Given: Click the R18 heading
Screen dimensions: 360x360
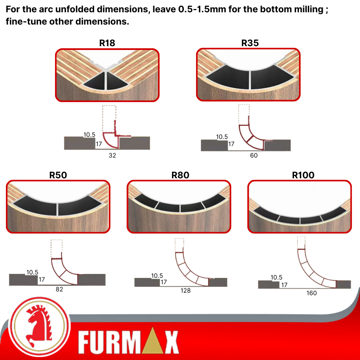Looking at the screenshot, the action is click(107, 43).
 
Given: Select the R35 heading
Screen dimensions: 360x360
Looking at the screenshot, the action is click(250, 43).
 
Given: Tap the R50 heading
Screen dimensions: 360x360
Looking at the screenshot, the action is click(58, 175).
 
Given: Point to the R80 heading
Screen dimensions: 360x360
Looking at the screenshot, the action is click(180, 175).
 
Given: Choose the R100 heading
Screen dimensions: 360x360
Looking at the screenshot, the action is click(303, 175).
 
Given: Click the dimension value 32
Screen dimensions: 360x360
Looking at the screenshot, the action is click(112, 155).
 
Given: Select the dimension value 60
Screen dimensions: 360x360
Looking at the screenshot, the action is click(254, 155).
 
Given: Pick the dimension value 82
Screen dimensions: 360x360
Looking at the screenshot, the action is click(59, 289).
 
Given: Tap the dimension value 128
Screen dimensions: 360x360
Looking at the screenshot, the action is click(186, 291).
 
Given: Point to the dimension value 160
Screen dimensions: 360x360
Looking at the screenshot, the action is click(312, 293).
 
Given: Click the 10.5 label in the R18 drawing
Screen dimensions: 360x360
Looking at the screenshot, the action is click(89, 135).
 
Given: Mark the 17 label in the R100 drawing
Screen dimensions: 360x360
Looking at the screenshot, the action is click(284, 285).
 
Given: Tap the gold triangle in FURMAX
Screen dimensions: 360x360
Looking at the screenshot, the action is click(152, 341).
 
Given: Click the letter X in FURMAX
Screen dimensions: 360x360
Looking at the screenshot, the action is click(172, 342).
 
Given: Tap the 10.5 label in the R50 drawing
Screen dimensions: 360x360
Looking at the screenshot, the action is click(32, 272).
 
